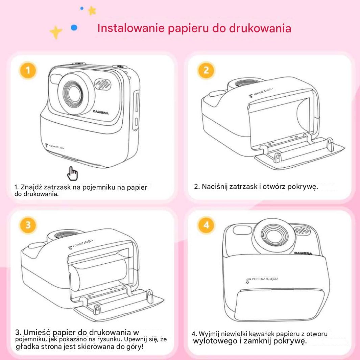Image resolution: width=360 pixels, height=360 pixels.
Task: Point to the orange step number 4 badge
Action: [206, 225]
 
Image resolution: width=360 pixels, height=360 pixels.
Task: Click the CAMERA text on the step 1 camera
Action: [101, 112]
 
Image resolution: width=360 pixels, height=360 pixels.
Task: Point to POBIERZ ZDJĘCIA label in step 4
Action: [266, 279]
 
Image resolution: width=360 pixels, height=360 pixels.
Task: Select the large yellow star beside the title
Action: [56, 32]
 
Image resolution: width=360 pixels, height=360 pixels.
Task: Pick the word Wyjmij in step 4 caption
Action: [212, 334]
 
